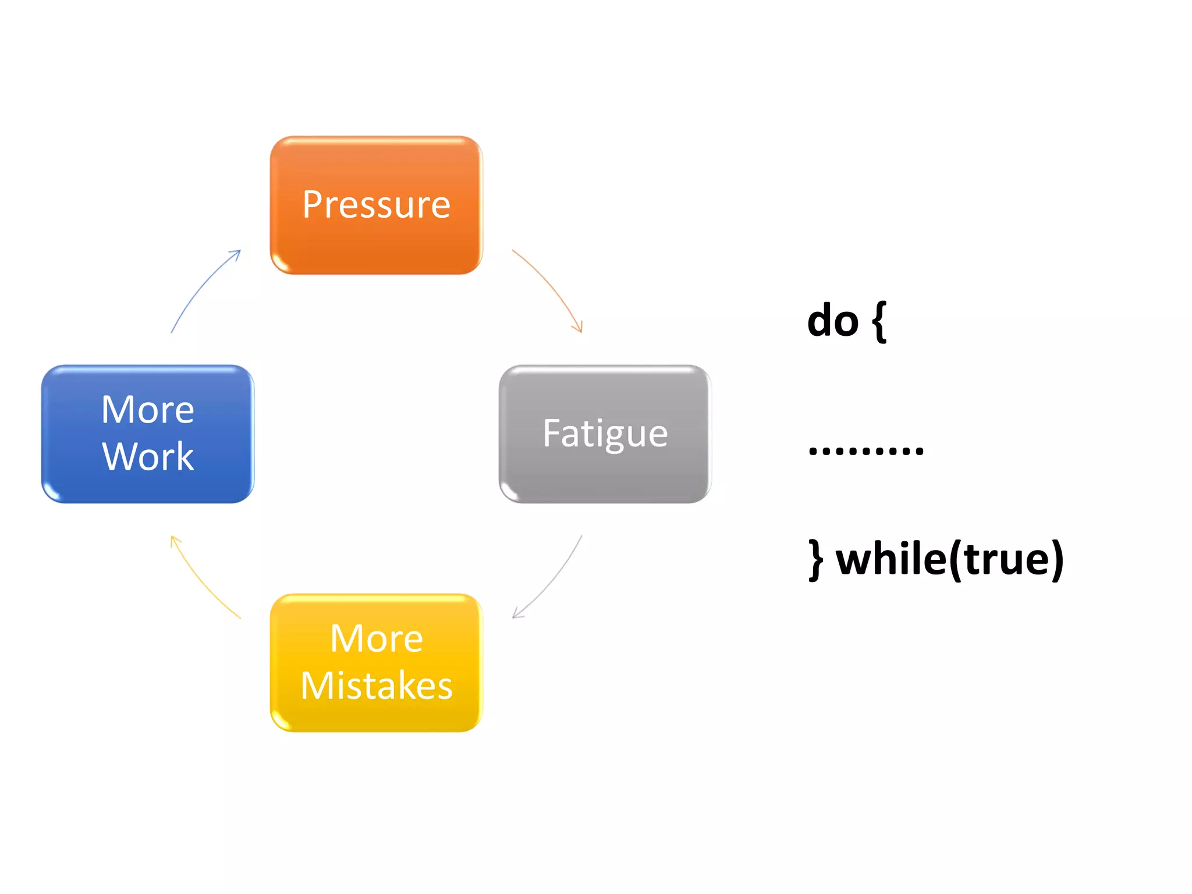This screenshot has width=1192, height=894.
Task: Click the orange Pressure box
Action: point(376,205)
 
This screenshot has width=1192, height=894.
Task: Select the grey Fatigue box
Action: point(605,434)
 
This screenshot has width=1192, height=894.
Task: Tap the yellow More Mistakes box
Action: point(376,662)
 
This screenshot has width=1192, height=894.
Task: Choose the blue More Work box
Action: point(147,434)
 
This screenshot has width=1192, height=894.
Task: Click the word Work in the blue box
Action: point(148,456)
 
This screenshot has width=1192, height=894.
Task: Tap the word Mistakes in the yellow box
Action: point(376,686)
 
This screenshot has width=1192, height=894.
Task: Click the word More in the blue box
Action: point(147,410)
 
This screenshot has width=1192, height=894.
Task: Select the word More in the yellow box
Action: point(376,638)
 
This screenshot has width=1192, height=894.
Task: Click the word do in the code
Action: point(832,321)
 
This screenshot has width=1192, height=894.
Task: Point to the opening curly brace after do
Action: point(879,321)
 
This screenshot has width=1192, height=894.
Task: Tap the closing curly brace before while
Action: point(816,559)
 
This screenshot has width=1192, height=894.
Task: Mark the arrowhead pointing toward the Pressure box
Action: point(235,254)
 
